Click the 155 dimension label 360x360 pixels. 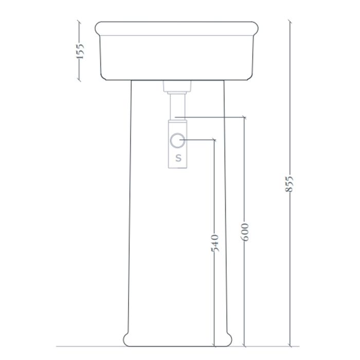coord(80,51)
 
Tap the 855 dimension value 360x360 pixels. coord(289,184)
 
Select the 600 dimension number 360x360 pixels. coord(245,232)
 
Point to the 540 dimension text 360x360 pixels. coord(214,243)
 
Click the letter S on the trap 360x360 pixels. coord(178,158)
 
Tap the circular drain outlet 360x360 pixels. coord(177,140)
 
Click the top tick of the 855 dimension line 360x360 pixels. coord(290,22)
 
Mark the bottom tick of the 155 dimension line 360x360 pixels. coord(79,80)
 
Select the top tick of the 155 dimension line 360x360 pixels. coord(79,22)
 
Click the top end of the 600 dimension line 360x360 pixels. coord(244,118)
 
